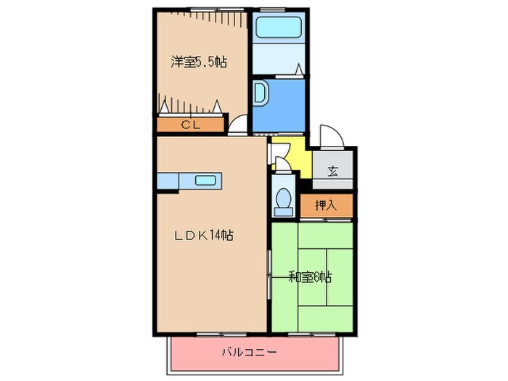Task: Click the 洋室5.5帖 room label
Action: tap(199, 62)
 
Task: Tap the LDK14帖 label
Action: tap(202, 235)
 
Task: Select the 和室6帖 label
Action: tap(310, 277)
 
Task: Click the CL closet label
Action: tap(190, 125)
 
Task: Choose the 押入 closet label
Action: tap(326, 206)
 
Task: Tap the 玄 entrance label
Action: tap(332, 172)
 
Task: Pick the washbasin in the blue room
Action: tap(260, 94)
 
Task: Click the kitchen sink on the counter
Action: tap(205, 181)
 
